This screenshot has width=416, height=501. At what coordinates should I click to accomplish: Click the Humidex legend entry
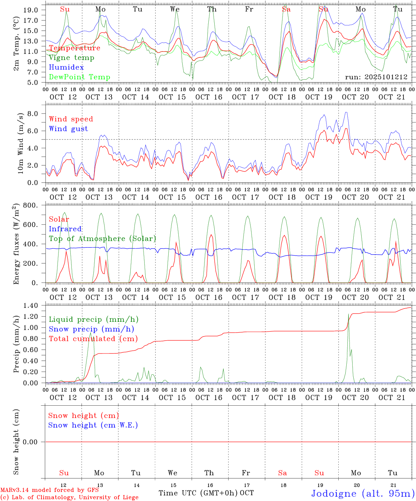click(x=66, y=67)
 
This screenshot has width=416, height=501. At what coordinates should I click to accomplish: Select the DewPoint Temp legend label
click(x=79, y=77)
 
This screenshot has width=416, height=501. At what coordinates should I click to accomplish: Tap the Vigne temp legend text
click(x=71, y=58)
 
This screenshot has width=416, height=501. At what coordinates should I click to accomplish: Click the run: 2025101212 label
click(x=376, y=77)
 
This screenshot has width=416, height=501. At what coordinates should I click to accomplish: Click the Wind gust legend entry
click(x=68, y=129)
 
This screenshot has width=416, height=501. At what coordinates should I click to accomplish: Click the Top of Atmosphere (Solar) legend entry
click(x=102, y=239)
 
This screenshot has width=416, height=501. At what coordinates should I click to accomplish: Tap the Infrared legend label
click(x=65, y=229)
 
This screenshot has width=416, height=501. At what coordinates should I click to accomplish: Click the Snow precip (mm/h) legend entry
click(x=91, y=329)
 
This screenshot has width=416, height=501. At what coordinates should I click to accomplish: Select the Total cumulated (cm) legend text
click(x=93, y=339)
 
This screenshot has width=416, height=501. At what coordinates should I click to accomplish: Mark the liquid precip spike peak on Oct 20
click(x=348, y=314)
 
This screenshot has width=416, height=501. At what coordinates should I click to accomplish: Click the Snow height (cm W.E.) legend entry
click(x=93, y=425)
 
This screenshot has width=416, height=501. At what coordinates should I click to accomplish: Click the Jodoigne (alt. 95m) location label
click(x=363, y=493)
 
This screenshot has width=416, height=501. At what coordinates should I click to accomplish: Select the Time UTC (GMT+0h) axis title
click(x=198, y=493)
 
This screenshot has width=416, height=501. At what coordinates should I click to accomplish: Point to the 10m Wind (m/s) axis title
click(x=21, y=143)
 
